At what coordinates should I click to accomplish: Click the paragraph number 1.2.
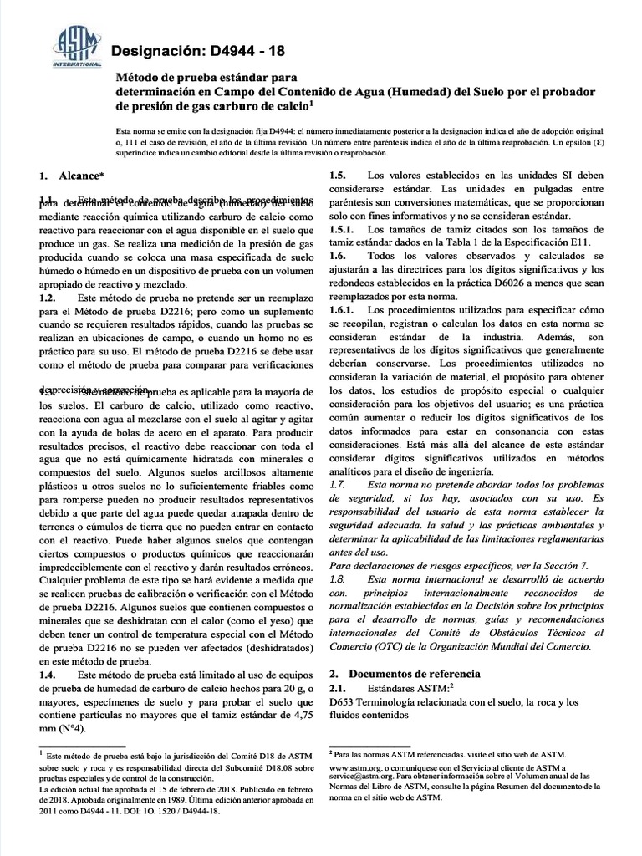tap(48, 298)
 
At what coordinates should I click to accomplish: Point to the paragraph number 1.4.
tap(48, 674)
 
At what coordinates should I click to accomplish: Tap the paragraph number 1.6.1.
tap(342, 309)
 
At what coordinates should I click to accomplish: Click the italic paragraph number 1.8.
tap(337, 578)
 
